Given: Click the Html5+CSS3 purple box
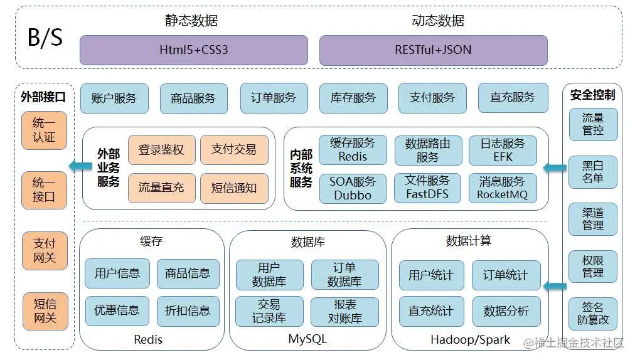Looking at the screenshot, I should (193, 50).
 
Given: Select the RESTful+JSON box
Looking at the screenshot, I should (433, 50).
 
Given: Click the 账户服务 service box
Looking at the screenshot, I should (114, 98).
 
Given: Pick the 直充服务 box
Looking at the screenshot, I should (512, 98).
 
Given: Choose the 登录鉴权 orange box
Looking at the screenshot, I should (161, 150).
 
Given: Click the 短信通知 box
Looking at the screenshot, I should (233, 188).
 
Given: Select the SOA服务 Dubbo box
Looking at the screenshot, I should (352, 188).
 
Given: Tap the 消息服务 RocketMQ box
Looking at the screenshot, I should (502, 188).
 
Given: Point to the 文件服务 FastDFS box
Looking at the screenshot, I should (427, 188).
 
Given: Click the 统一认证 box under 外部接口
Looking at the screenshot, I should (44, 130).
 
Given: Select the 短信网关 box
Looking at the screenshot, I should (45, 311).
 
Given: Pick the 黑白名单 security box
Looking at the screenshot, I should (593, 172).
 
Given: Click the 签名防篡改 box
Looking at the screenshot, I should (593, 314).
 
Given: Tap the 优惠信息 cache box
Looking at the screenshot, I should (117, 310).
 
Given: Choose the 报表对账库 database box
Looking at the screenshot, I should (344, 312).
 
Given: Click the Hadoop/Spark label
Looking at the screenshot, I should (471, 339).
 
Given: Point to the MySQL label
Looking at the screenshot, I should (307, 339).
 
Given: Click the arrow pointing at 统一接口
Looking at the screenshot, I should (78, 167).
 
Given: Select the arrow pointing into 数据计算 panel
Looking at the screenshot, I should (555, 287).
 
